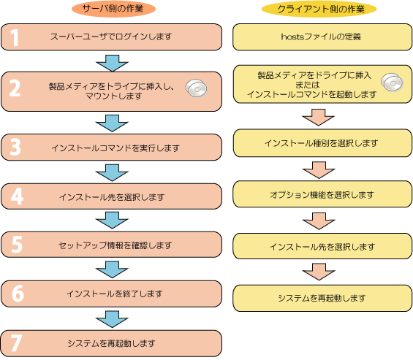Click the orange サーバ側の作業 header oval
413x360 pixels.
point(113,9)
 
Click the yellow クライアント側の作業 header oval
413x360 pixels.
point(319,9)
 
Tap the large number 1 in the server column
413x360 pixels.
point(15,38)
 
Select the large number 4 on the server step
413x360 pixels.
point(17,196)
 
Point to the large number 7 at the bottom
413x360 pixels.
point(16,343)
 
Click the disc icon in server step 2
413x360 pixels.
point(197,88)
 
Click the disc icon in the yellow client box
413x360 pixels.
point(392,83)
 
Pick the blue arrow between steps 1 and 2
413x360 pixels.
point(113,63)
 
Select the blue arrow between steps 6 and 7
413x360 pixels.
point(113,319)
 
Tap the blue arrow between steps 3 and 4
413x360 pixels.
point(113,173)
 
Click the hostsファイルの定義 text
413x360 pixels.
point(321,37)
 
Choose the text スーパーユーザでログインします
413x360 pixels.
point(111,37)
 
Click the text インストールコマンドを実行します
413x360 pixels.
point(115,148)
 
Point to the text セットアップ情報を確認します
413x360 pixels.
point(115,245)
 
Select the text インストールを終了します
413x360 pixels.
point(114,294)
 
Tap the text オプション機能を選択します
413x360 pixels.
point(322,195)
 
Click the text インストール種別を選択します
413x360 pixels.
point(322,143)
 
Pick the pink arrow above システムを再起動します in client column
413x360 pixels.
point(319,272)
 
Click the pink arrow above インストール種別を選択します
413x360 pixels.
point(318,118)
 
